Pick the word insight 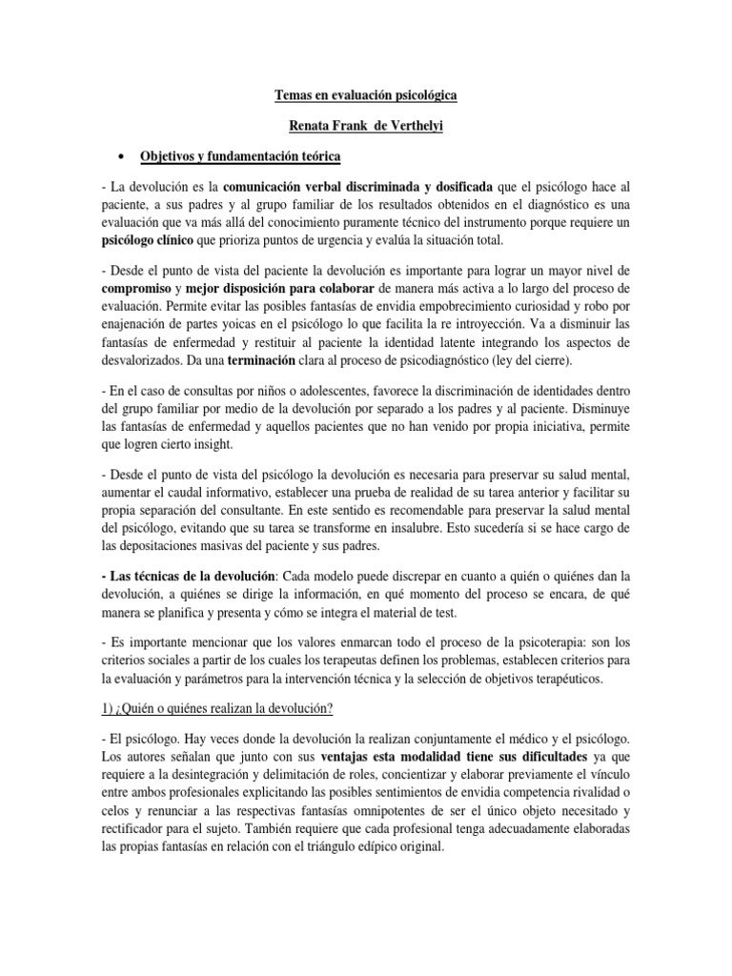pos(227,445)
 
